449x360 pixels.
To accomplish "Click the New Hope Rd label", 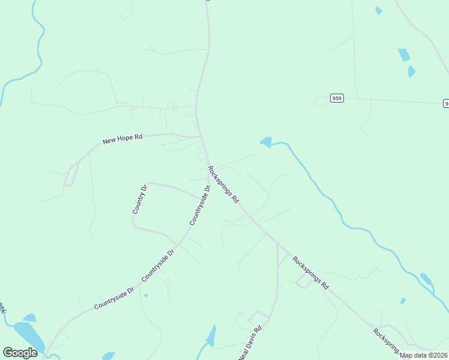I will pos(122,139).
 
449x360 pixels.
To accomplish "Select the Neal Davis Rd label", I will pos(250,343).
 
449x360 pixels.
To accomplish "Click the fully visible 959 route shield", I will pos(337,98).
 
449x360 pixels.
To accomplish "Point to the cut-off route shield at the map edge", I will pos(446,103).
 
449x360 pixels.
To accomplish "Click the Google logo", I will pos(20,353).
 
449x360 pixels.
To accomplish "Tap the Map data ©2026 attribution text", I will pos(424,355).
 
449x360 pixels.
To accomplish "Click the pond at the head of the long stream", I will pos(265,142).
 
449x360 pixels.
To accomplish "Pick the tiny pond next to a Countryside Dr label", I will pos(146,295).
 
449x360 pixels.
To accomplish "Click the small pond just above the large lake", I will pos(29,317).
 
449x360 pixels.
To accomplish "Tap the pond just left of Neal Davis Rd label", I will pos(211,337).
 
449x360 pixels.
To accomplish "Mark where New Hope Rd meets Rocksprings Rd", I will pos(201,137).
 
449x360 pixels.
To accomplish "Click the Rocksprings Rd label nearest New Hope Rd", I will pos(223,184).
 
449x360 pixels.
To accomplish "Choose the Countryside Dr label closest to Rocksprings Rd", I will pos(200,205).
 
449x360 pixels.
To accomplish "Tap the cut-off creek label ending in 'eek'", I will pos(2,307).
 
